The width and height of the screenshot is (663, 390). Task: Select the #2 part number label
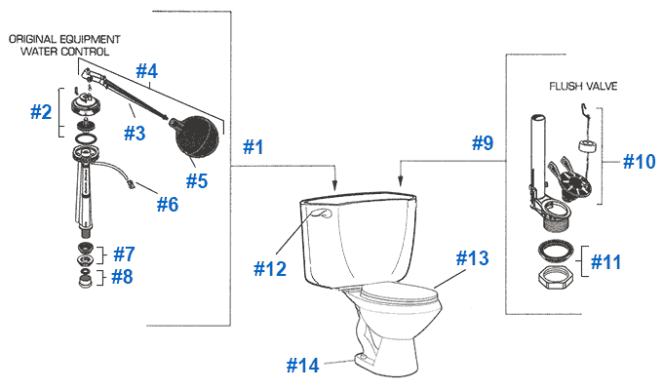click(42, 111)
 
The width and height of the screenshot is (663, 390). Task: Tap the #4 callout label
click(146, 70)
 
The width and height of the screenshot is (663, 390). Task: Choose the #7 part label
click(123, 253)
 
